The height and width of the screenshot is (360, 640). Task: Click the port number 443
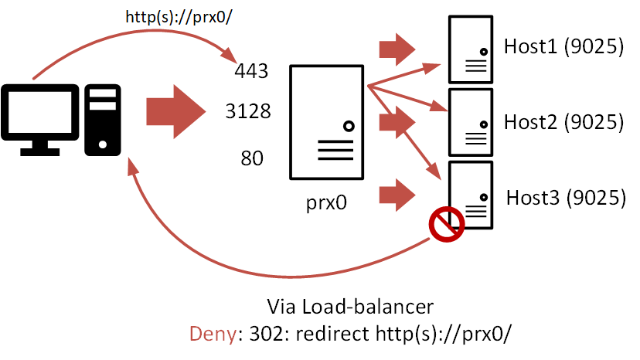click(x=251, y=72)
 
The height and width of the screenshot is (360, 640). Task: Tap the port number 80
click(x=252, y=159)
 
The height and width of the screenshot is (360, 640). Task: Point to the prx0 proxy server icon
click(x=327, y=124)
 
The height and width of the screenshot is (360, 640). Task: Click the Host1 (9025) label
click(x=563, y=47)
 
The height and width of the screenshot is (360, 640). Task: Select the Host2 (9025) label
click(x=563, y=121)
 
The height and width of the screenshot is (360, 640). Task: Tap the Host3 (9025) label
click(x=565, y=197)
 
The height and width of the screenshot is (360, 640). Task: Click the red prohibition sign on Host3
click(x=446, y=225)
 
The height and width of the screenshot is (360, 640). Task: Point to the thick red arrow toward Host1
click(x=397, y=49)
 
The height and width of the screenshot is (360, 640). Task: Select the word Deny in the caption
click(x=207, y=334)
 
